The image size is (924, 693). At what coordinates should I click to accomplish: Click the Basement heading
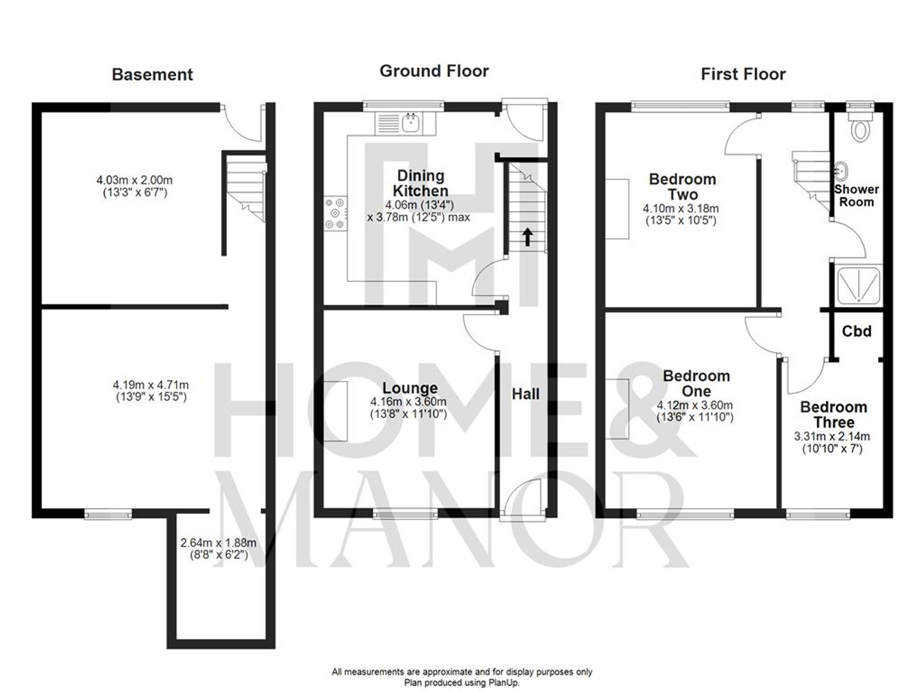click(152, 75)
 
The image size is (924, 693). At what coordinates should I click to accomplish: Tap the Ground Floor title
click(434, 71)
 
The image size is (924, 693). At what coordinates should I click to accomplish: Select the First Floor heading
click(743, 74)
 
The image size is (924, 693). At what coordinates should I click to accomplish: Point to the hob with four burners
click(335, 213)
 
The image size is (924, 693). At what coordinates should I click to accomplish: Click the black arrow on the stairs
click(527, 237)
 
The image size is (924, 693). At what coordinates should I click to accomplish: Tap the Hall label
click(525, 394)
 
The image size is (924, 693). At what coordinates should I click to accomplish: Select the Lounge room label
click(410, 388)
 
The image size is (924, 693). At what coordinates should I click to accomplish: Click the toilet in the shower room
click(860, 129)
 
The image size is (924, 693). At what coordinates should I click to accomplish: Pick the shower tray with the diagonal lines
click(858, 286)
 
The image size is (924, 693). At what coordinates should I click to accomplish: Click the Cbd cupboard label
click(857, 331)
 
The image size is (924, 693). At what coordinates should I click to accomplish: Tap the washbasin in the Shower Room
click(841, 171)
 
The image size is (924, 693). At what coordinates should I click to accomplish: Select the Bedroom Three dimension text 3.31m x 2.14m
click(832, 436)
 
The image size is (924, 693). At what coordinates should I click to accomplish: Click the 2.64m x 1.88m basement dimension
click(218, 543)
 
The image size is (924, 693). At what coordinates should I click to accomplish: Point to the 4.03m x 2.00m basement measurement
click(134, 180)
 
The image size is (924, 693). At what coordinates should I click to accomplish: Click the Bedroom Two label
click(682, 187)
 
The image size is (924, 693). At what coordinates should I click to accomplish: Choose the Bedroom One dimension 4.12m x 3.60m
click(694, 406)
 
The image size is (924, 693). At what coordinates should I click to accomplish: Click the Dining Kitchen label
click(420, 183)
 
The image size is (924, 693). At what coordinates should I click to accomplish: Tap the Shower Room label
click(856, 195)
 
